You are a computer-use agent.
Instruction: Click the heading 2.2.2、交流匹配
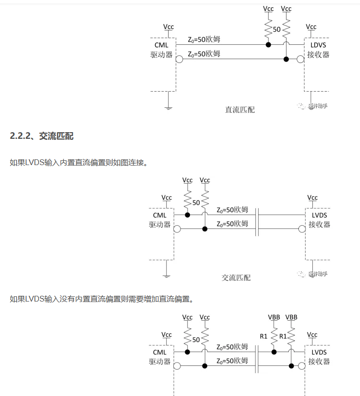pyautogui.click(x=42, y=136)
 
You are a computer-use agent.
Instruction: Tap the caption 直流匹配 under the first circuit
pyautogui.click(x=240, y=110)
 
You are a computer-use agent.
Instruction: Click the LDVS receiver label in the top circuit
pyautogui.click(x=318, y=50)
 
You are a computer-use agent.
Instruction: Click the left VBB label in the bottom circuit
pyautogui.click(x=274, y=317)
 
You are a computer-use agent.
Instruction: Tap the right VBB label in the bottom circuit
pyautogui.click(x=291, y=317)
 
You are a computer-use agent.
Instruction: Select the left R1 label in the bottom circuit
pyautogui.click(x=264, y=336)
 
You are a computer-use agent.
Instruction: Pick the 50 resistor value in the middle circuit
pyautogui.click(x=196, y=203)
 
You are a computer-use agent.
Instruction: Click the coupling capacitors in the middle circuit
pyautogui.click(x=257, y=222)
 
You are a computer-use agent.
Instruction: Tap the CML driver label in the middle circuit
pyautogui.click(x=160, y=220)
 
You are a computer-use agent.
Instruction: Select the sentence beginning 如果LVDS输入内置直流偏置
pyautogui.click(x=79, y=163)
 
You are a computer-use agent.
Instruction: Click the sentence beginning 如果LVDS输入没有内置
pyautogui.click(x=102, y=300)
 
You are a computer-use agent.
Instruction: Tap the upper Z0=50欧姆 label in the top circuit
pyautogui.click(x=204, y=39)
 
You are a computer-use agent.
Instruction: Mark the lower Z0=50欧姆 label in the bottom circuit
pyautogui.click(x=232, y=361)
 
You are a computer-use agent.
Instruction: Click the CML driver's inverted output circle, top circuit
pyautogui.click(x=179, y=60)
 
